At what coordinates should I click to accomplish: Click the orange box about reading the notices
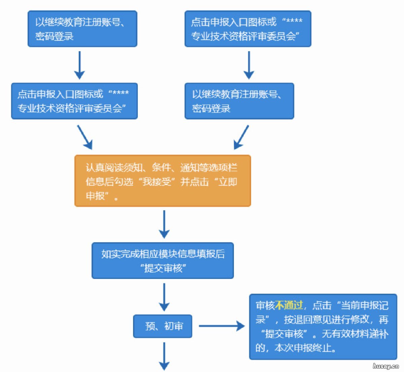(x=163, y=181)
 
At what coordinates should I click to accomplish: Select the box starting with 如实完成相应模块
(x=163, y=261)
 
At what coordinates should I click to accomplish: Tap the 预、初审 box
(x=163, y=326)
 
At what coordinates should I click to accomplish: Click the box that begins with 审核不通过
(x=323, y=327)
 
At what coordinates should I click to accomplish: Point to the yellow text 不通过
(x=289, y=305)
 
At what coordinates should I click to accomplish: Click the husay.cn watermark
(x=385, y=366)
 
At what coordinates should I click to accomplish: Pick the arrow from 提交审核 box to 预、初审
(x=164, y=297)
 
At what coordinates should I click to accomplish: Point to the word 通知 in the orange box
(x=190, y=168)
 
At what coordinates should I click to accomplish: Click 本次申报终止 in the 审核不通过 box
(x=305, y=348)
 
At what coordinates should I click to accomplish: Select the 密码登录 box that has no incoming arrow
(x=82, y=29)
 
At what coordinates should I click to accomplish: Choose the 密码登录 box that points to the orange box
(x=239, y=101)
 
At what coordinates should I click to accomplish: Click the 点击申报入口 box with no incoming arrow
(x=247, y=29)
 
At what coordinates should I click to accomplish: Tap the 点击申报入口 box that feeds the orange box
(x=74, y=101)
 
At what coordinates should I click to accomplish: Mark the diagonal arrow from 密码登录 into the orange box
(x=241, y=137)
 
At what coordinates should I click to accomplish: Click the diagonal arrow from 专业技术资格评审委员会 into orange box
(x=85, y=137)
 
